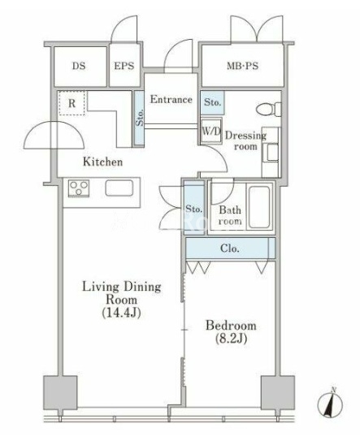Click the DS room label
click(79, 66)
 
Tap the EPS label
click(124, 66)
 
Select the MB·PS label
click(243, 66)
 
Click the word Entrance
click(171, 99)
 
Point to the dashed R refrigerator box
click(72, 103)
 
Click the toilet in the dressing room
click(268, 109)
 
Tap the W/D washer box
click(211, 131)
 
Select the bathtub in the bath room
click(259, 207)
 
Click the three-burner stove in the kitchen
click(79, 188)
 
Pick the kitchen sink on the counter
click(119, 188)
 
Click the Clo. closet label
click(230, 249)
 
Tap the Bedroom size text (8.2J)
click(231, 339)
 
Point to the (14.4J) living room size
click(121, 313)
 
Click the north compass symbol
click(330, 404)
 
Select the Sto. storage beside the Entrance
click(139, 118)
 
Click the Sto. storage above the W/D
click(213, 102)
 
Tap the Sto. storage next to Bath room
click(194, 209)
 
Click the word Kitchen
click(102, 162)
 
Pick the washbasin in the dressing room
click(271, 152)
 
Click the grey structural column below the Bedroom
click(278, 392)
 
